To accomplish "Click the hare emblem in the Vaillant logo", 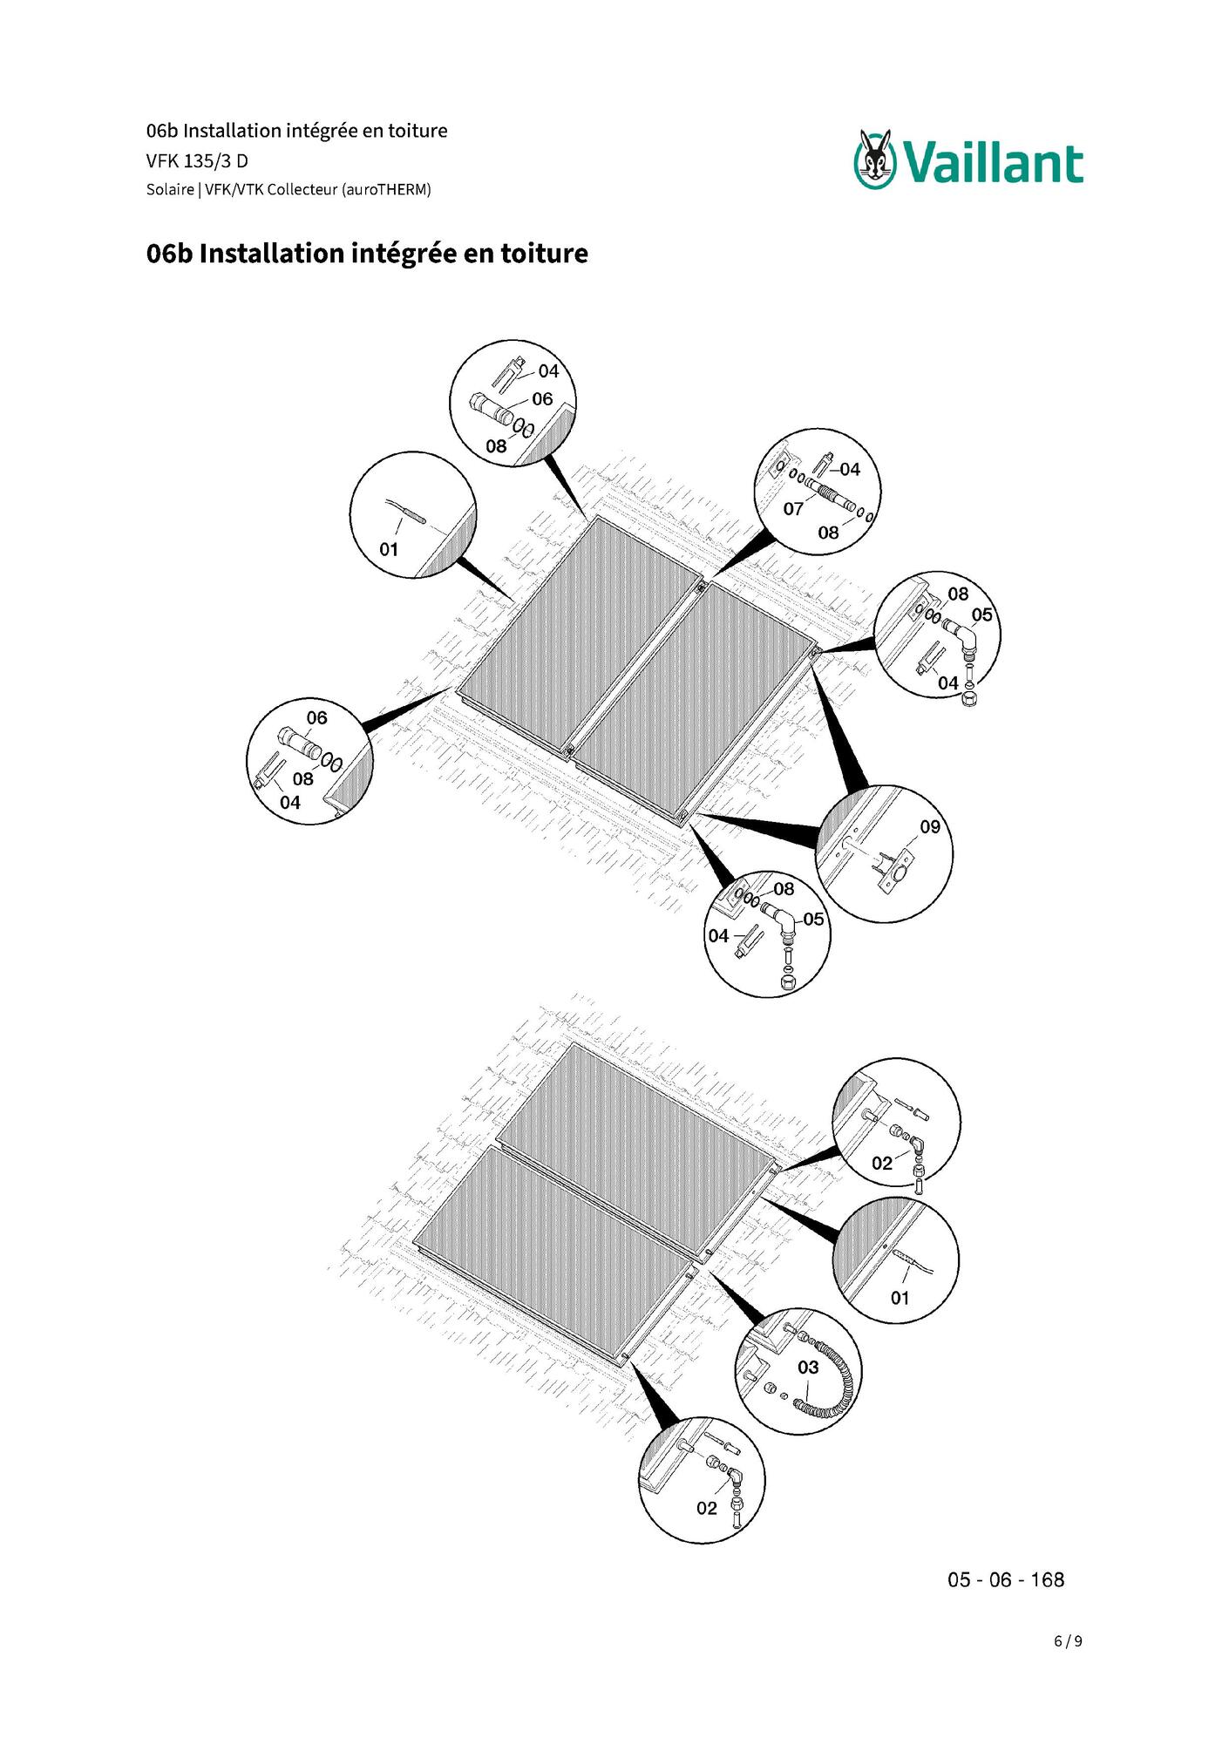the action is click(875, 159).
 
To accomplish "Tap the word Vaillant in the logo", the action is click(993, 164).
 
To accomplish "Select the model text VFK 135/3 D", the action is click(197, 161).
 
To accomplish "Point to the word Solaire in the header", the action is click(170, 190).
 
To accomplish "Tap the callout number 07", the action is click(793, 508).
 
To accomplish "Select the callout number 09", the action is click(930, 826).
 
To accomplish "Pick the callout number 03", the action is click(808, 1368).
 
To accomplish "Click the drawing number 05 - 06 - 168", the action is click(1006, 1580).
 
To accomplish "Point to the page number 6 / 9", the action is click(1068, 1641).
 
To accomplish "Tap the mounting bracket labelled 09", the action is click(896, 872).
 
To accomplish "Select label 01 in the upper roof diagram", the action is click(389, 549).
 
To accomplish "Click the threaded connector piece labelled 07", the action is click(830, 494).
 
